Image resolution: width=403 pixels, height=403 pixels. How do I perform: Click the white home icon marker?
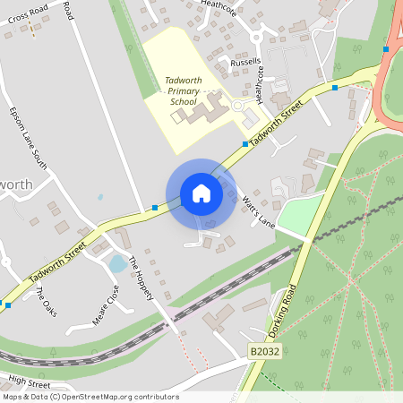point(201,193)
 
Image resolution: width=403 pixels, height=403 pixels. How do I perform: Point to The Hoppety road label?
point(142,279)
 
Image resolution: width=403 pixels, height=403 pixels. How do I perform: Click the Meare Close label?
point(106,305)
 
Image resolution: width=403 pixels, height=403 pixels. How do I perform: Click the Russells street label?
point(244,63)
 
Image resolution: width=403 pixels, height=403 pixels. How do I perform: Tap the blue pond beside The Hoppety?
point(116,263)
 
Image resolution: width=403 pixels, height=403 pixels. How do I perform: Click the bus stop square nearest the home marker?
point(155,208)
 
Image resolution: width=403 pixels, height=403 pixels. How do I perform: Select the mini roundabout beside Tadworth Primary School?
point(237,105)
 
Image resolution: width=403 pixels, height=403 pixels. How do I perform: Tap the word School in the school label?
point(183,101)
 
